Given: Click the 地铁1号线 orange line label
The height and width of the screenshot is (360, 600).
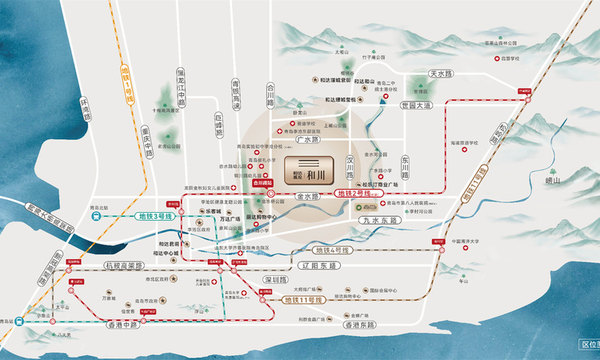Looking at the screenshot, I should (126, 79).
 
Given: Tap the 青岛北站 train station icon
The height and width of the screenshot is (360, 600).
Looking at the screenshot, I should (96, 216).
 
